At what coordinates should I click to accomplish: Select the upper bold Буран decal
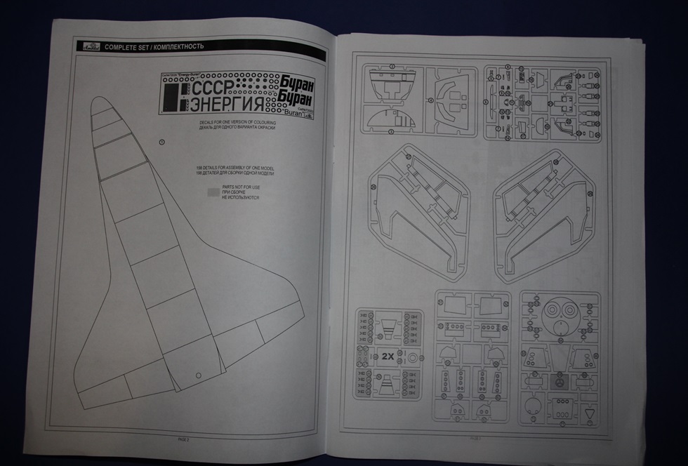point(297,83)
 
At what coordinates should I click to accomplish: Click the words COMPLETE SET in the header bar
point(124,47)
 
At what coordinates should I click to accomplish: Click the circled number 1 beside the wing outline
point(162,142)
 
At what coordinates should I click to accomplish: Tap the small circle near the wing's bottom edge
point(199,376)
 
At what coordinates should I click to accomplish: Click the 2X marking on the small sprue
point(388,357)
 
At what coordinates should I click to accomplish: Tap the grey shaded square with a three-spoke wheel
point(559,385)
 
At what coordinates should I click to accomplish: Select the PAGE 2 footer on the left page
point(183,438)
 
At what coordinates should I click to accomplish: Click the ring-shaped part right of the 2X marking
point(411,356)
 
